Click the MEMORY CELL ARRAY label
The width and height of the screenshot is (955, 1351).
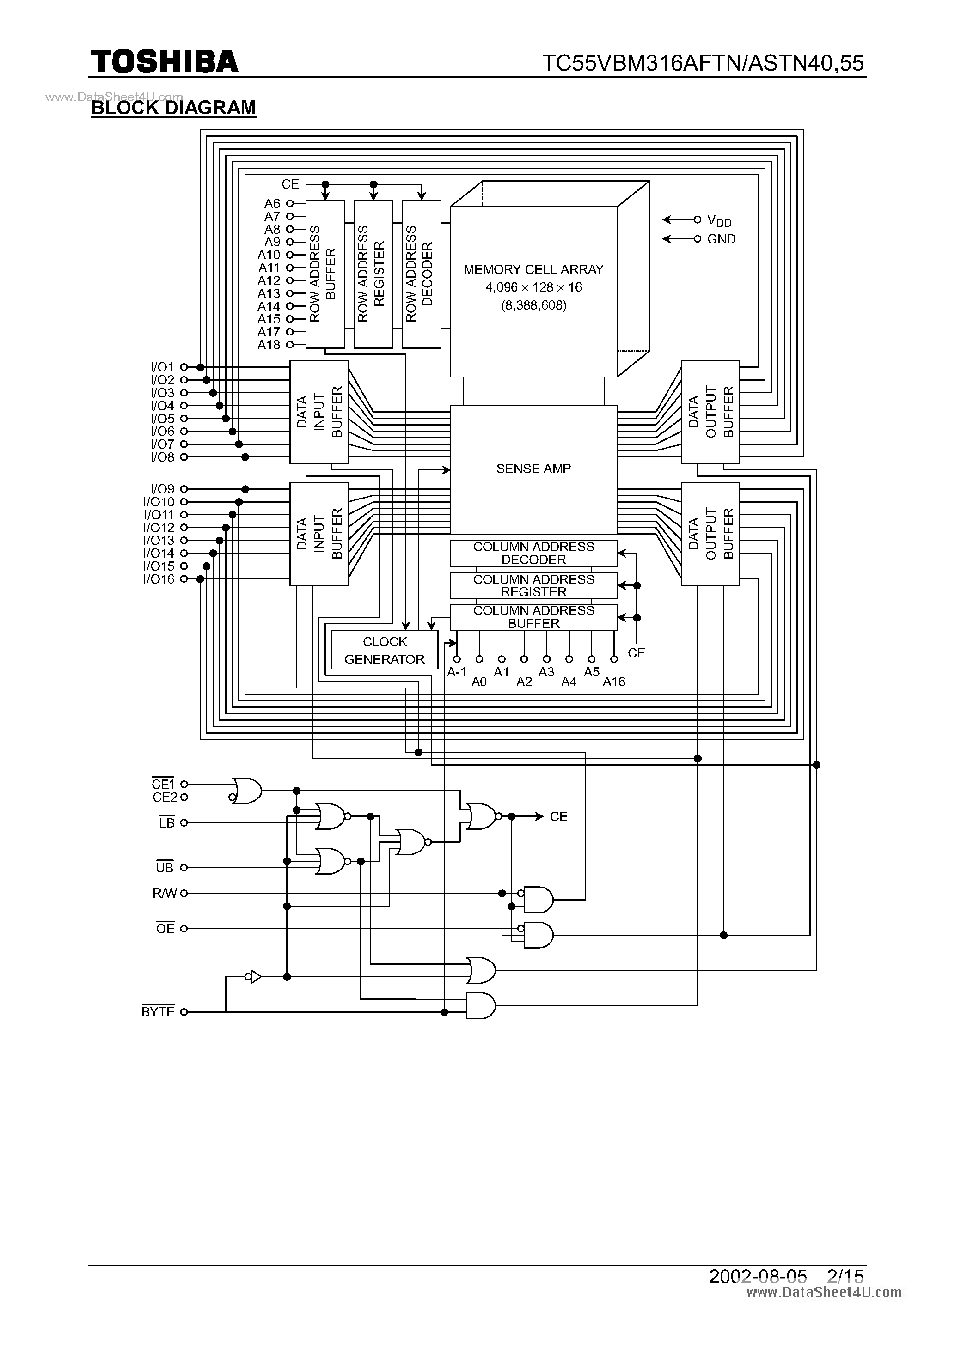533,269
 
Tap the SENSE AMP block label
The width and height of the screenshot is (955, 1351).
533,469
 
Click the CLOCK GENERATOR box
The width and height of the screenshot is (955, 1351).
385,650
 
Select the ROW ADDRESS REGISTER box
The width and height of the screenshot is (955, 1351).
373,274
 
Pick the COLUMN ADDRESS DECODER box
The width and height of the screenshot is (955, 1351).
533,553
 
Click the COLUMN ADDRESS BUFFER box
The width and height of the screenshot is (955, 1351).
533,617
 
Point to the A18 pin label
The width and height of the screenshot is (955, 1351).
269,345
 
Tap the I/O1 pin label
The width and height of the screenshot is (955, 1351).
163,367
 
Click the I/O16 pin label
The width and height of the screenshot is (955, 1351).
159,579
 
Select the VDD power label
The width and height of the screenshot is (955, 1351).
719,221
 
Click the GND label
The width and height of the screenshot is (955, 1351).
721,239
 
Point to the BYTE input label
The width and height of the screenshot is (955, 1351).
158,1012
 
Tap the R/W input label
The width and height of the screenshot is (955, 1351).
164,893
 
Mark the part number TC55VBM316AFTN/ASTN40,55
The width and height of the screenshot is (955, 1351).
703,63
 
